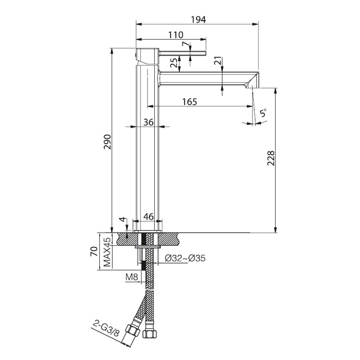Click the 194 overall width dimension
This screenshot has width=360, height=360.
click(198, 19)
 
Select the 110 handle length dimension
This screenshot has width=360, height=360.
click(176, 35)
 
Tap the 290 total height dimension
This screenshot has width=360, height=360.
click(107, 142)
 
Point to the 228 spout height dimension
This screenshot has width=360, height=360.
click(271, 158)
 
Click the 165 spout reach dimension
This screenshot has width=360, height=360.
click(190, 102)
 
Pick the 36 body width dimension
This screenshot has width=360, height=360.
click(148, 122)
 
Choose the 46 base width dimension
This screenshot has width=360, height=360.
click(148, 217)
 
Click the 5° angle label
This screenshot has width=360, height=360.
click(263, 113)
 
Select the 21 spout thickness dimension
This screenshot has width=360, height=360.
click(218, 61)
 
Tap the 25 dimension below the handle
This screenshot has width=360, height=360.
click(174, 63)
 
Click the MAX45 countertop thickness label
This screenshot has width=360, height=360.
click(107, 252)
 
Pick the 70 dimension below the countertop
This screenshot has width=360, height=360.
click(94, 251)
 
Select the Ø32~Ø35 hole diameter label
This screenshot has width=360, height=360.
click(185, 258)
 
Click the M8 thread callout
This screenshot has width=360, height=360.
click(132, 277)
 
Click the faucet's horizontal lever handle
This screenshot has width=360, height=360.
click(182, 53)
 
